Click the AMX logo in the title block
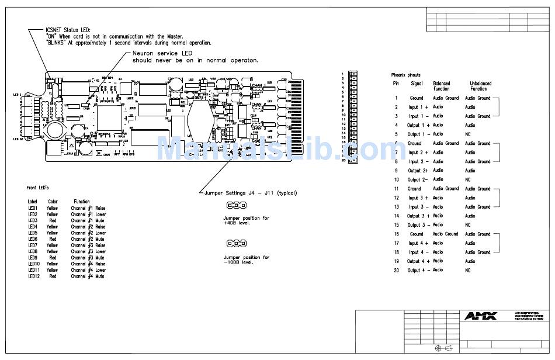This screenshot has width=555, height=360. [481, 316]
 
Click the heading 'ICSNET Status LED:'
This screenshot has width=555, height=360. [68, 29]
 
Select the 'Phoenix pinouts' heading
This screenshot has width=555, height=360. [405, 75]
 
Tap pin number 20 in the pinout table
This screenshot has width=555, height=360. [396, 270]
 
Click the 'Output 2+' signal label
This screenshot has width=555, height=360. [418, 171]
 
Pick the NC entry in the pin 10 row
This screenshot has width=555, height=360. [467, 179]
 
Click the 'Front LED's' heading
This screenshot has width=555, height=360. [37, 188]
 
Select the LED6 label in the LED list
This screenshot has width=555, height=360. [33, 239]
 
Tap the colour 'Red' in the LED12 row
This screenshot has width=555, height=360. [53, 276]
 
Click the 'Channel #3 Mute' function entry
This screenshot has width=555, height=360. [88, 258]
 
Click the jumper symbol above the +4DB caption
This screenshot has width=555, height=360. [235, 205]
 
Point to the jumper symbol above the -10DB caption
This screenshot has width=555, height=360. [235, 243]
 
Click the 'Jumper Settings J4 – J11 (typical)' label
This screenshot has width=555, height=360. [251, 192]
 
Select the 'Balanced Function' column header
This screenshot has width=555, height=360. [442, 86]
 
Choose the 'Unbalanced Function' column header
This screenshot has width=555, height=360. [481, 86]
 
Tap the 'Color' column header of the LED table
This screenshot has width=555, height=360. [53, 201]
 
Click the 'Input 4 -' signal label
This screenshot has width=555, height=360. [418, 252]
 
